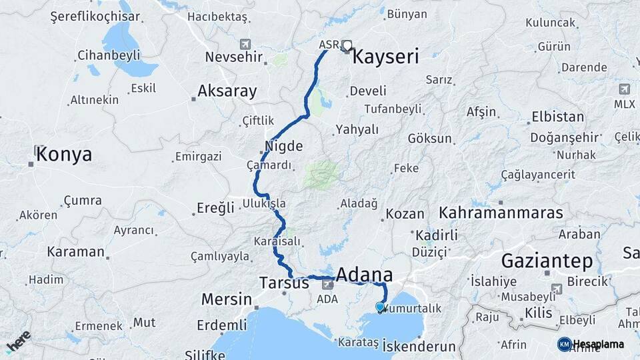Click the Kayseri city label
[385, 57]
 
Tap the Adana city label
[364, 275]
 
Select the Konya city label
[64, 155]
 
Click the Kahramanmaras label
[501, 213]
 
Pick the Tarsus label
[285, 283]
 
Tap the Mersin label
[227, 299]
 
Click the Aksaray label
[227, 91]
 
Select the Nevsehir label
[231, 57]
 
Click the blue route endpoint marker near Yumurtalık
[380, 307]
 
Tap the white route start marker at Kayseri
[347, 45]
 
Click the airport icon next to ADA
[327, 284]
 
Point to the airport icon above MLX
[625, 89]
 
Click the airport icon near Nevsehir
[245, 44]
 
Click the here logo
[18, 341]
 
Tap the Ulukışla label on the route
[265, 203]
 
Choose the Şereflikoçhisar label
[95, 17]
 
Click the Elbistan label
[557, 117]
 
